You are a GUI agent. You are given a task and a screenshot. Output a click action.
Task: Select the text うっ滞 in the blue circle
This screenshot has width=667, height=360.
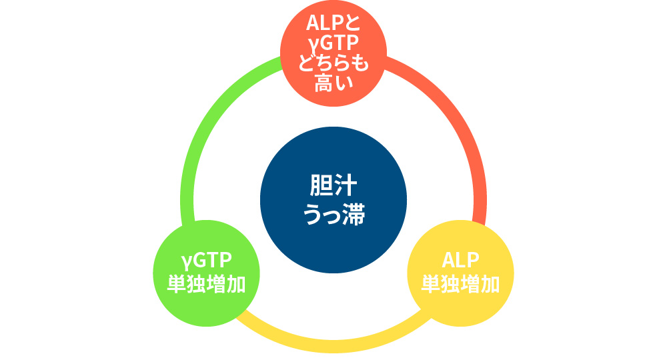click(333, 215)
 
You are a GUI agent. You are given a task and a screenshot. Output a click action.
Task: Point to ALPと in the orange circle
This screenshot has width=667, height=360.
click(333, 24)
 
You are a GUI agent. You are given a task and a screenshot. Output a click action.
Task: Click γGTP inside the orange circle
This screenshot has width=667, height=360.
click(333, 44)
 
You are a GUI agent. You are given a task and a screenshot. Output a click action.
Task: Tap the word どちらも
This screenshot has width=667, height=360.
click(333, 64)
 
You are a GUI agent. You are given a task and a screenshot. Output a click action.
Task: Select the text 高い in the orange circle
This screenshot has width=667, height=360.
click(333, 84)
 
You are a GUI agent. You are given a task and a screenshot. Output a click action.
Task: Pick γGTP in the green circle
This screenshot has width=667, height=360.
click(207, 261)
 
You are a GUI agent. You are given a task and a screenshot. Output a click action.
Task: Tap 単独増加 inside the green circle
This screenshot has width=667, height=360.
click(207, 284)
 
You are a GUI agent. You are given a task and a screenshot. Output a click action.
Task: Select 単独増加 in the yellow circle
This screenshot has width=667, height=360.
click(460, 284)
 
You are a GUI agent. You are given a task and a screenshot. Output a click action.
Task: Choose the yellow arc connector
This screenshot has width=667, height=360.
click(333, 345)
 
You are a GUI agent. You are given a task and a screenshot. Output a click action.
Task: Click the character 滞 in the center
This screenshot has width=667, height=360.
click(352, 215)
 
